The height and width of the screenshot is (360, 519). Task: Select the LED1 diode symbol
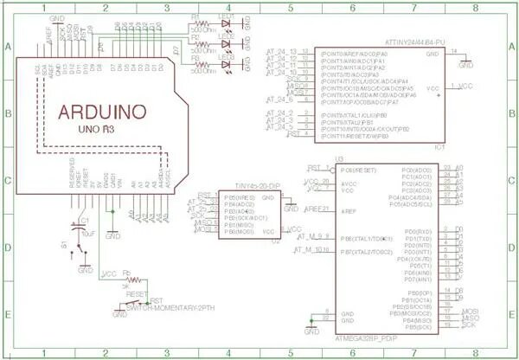click(x=227, y=28)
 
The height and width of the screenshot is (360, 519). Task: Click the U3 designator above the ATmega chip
click(x=340, y=159)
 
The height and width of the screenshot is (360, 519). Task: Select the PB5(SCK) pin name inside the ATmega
click(x=418, y=327)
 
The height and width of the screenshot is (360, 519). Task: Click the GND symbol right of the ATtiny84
click(x=466, y=63)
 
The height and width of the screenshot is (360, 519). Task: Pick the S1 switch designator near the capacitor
click(x=63, y=246)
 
